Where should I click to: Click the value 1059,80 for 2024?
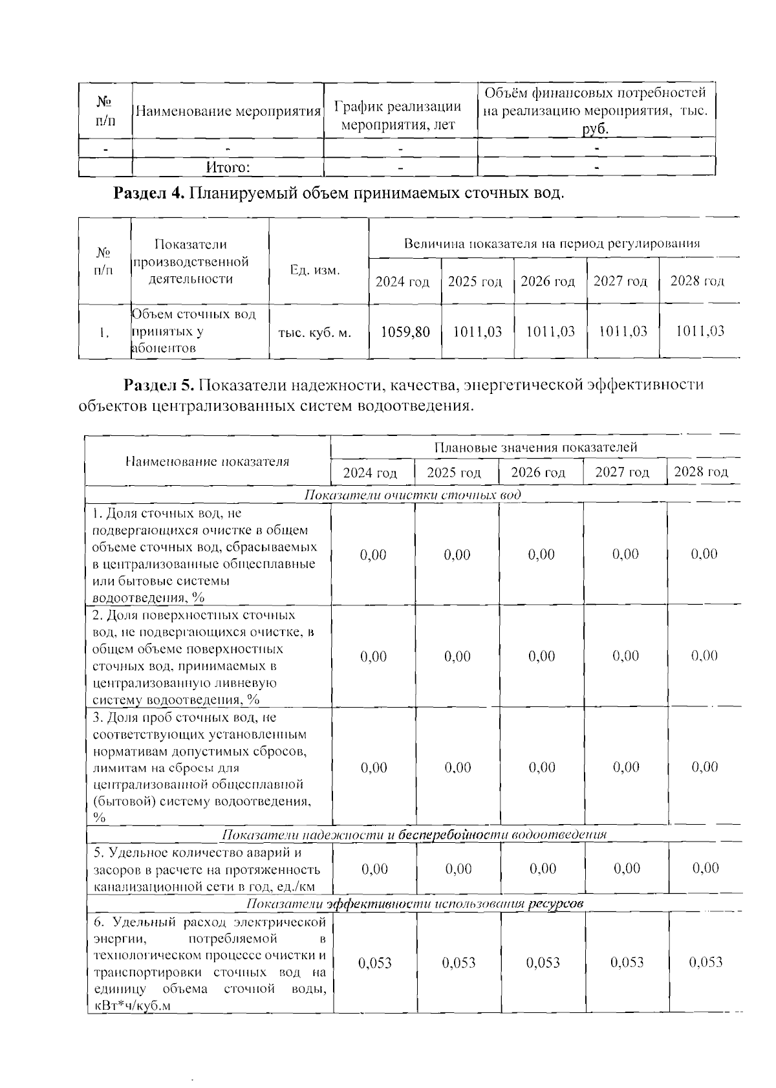pos(405,332)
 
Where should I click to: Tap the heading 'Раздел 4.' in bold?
pos(149,193)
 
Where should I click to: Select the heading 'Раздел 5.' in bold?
pos(158,385)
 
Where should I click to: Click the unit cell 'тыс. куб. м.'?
pos(314,333)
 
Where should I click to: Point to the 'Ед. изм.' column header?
pos(314,270)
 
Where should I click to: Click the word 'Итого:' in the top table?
pos(228,168)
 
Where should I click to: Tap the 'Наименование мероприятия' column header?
pos(228,111)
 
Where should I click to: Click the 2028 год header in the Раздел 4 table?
pos(697,281)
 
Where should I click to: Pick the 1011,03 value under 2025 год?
pos(477,332)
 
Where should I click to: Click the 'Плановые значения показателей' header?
pos(535,448)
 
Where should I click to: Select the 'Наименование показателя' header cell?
pos(207,461)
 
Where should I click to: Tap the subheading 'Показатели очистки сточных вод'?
pos(413,495)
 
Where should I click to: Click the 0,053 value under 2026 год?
pos(543,963)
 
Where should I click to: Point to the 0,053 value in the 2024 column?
pos(374,963)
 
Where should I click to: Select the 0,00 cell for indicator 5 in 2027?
pos(626,868)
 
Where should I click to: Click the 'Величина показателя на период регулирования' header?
pos(552,244)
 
